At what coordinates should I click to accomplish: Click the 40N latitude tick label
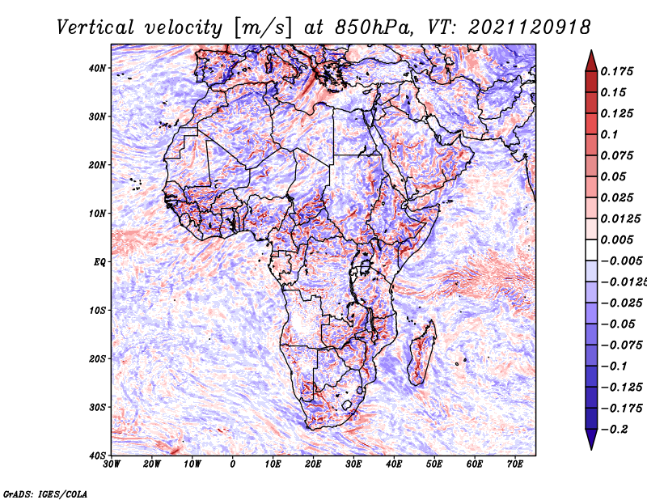click(x=97, y=68)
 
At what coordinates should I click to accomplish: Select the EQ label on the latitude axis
click(x=99, y=262)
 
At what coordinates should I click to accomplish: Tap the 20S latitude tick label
click(x=97, y=358)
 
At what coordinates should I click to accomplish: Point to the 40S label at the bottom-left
click(x=97, y=456)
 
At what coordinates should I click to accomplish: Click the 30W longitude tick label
click(x=112, y=464)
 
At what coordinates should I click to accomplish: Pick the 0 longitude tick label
click(x=233, y=464)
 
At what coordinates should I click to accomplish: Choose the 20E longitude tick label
click(x=314, y=464)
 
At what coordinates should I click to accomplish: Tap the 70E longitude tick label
click(x=515, y=464)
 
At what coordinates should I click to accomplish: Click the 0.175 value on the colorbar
click(x=617, y=71)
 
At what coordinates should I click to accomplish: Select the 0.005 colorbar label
click(x=617, y=239)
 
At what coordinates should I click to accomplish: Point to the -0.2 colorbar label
click(x=615, y=429)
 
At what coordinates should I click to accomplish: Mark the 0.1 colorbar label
click(x=610, y=134)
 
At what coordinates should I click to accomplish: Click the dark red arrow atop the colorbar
click(x=591, y=61)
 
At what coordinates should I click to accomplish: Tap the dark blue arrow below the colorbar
click(x=591, y=439)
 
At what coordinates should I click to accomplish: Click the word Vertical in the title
click(x=95, y=28)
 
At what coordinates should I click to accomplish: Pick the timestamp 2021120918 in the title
click(x=530, y=28)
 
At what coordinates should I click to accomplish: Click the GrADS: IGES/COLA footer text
click(x=45, y=494)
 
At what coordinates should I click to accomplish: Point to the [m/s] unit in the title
click(x=263, y=28)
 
